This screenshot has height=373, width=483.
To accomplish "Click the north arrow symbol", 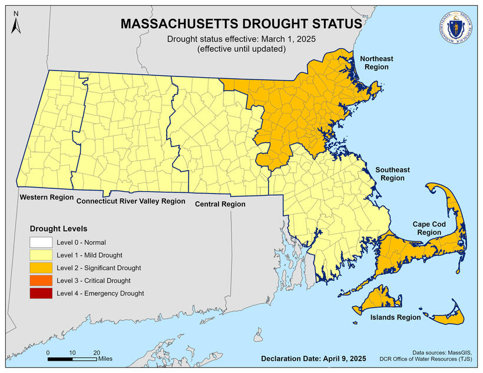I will [16, 22].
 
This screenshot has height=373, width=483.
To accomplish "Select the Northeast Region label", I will [377, 63].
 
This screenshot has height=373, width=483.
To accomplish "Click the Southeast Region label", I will [392, 174].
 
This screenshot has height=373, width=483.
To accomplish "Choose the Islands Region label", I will [395, 317].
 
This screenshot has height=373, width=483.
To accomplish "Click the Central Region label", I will [220, 204].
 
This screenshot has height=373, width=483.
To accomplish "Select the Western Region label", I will [46, 197].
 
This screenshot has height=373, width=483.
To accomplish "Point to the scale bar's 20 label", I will [97, 352].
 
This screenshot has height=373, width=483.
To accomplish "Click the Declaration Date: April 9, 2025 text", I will [313, 358].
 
